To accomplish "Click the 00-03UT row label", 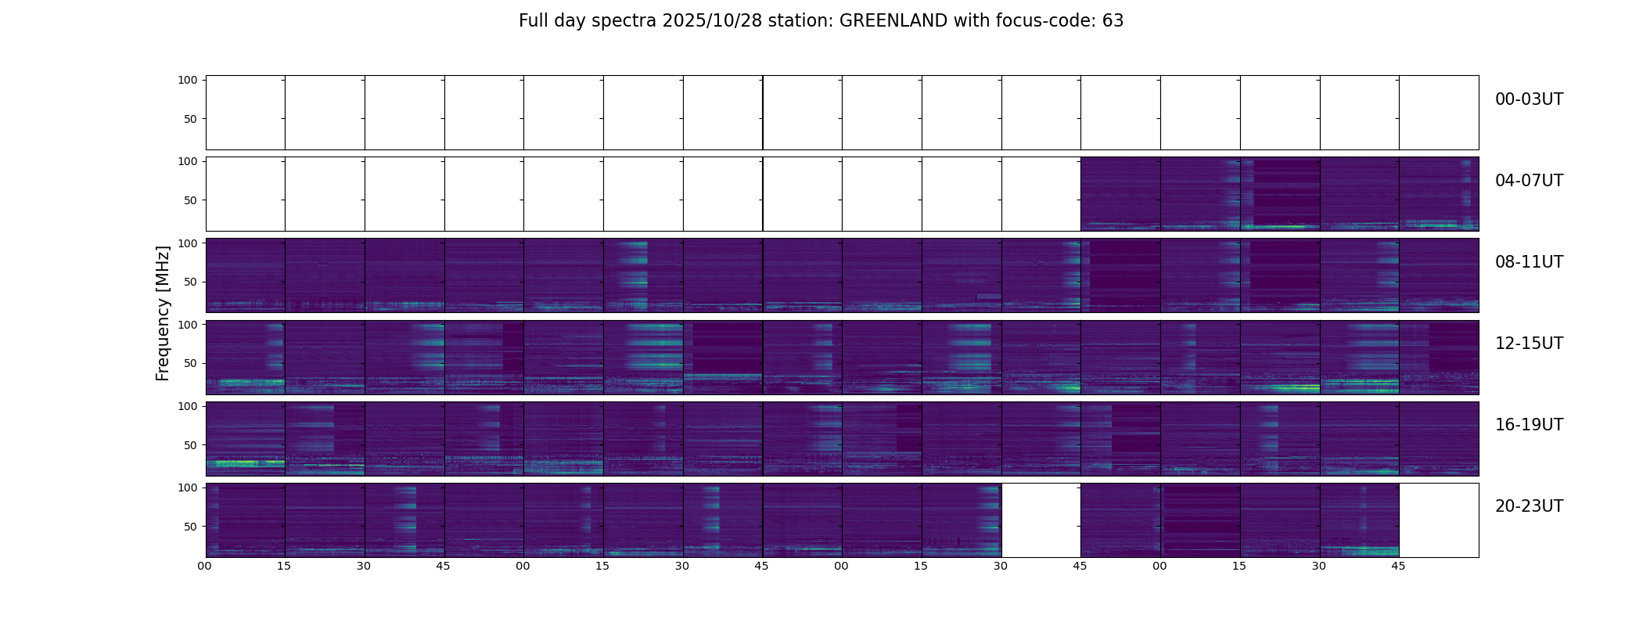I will tap(1529, 99).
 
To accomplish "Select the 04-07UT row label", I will tap(1529, 181).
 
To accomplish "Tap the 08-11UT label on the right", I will tap(1529, 262).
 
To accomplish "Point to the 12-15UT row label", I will tap(1529, 344).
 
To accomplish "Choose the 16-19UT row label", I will tap(1529, 425).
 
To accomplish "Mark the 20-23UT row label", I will tap(1529, 506).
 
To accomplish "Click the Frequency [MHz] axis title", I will tap(163, 313).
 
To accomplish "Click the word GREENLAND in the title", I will tap(893, 21).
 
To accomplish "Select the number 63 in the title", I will tap(1113, 21).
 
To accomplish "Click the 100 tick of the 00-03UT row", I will tap(188, 80).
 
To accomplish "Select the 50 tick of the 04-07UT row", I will tap(191, 200).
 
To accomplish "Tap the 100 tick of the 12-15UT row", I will tap(188, 324).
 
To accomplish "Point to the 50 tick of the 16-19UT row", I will tap(191, 445).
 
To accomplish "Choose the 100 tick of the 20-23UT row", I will tap(188, 487).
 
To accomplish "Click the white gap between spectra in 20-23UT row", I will tap(1041, 520).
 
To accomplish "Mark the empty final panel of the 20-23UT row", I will tap(1439, 520).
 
